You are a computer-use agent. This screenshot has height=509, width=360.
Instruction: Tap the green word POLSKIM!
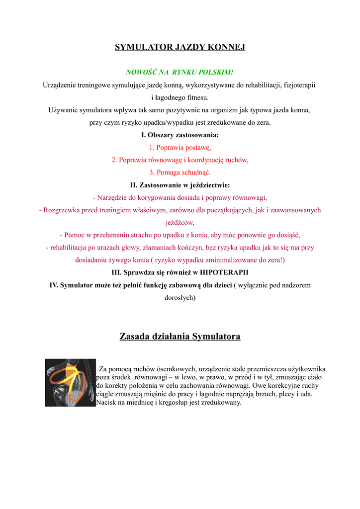[x=215, y=73]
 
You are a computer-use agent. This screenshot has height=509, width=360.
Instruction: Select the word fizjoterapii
[x=298, y=85]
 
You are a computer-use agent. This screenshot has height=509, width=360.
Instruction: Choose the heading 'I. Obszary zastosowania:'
[x=180, y=135]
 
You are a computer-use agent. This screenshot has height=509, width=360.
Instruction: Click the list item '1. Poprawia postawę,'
[x=180, y=148]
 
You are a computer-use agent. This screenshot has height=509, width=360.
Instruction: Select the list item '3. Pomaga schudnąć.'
[x=180, y=172]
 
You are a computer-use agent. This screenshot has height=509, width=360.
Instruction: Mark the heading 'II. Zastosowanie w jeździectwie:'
[x=180, y=185]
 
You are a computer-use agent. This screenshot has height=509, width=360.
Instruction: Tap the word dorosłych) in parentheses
[x=180, y=298]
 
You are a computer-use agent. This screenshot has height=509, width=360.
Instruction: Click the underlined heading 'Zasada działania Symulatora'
[x=180, y=337]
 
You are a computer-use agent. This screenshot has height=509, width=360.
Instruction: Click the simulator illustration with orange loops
[x=70, y=383]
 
